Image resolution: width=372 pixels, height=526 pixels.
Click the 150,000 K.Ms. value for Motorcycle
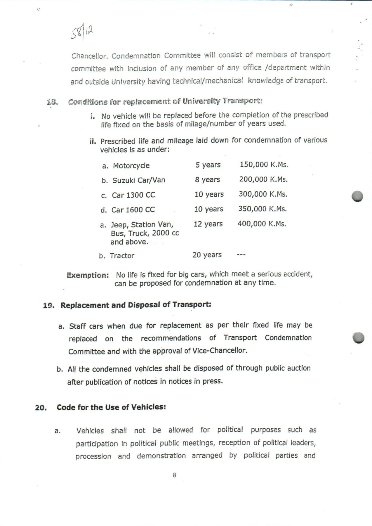[264, 165]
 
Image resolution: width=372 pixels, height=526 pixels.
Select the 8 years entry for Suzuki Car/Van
[208, 179]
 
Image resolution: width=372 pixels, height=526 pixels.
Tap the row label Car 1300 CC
[133, 195]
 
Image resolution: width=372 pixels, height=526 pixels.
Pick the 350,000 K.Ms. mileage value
[263, 209]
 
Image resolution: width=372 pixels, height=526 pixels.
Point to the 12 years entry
[208, 224]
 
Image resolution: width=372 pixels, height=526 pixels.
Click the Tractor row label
[122, 256]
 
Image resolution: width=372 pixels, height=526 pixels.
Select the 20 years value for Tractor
[207, 255]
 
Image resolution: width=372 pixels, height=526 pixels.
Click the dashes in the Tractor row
[241, 255]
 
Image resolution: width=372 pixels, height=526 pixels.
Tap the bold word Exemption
[88, 275]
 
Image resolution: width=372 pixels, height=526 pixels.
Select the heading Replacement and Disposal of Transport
[136, 305]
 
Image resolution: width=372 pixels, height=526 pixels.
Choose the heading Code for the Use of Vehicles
[111, 407]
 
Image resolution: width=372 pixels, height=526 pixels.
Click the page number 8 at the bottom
[175, 475]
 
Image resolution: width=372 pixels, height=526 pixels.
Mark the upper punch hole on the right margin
[357, 196]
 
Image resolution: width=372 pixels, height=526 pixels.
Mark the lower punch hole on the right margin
[358, 338]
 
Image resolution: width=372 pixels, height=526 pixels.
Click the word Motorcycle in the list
[131, 166]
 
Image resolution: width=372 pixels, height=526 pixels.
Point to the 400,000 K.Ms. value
[262, 224]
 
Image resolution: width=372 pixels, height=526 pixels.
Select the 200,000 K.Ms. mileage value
[263, 179]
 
